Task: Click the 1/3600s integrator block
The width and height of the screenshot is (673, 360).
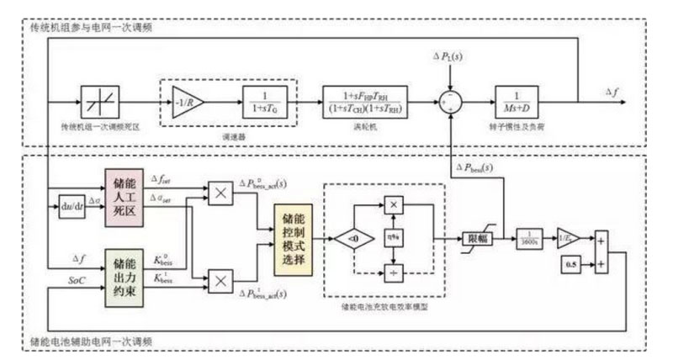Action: point(527,238)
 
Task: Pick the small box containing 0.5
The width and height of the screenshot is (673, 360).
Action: point(570,267)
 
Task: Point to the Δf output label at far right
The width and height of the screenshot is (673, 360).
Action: point(614,91)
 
